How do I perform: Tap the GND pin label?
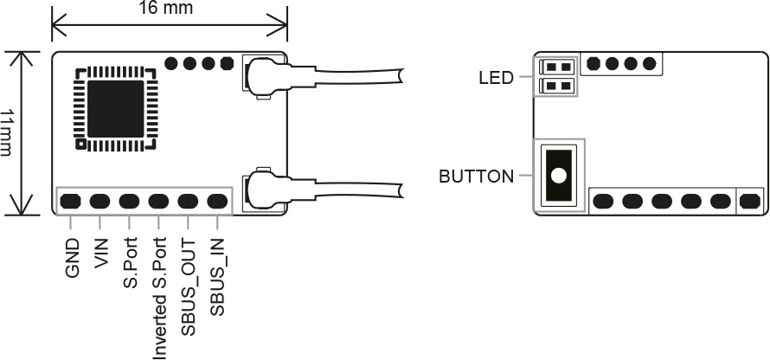(72, 258)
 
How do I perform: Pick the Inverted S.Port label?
(159, 297)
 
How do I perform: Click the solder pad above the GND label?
(71, 202)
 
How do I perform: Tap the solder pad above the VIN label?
(100, 202)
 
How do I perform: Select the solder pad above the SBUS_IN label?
(217, 202)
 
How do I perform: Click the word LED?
(496, 78)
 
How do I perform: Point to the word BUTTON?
(476, 177)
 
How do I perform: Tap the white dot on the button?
(559, 176)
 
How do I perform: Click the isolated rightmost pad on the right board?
(750, 202)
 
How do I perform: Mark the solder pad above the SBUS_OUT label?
(189, 202)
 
